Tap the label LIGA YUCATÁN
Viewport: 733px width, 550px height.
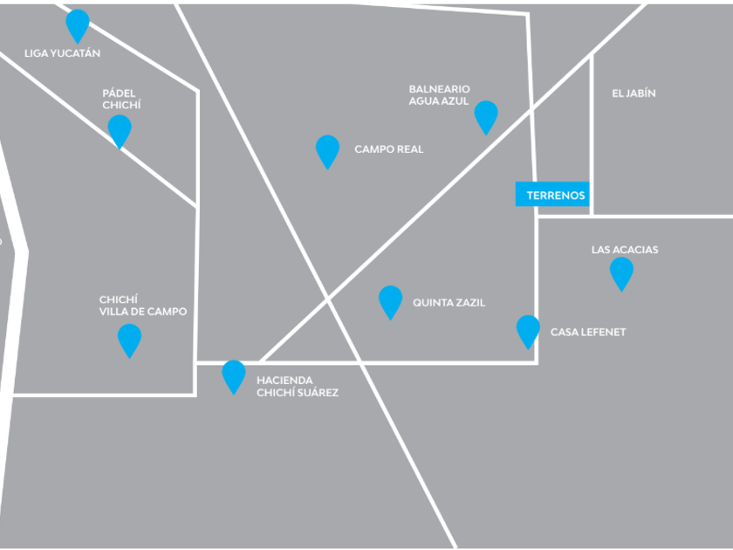62,53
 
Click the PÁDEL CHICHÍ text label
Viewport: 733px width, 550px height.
121,100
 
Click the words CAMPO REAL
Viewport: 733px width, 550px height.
389,149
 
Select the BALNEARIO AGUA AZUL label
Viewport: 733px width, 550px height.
440,95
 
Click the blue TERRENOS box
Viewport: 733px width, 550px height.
552,194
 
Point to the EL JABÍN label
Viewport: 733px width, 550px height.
634,93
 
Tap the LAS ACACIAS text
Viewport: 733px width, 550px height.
625,250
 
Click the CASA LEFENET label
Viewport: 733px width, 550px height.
588,332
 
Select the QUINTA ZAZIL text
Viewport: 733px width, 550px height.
449,303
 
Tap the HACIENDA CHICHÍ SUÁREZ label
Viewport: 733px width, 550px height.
298,386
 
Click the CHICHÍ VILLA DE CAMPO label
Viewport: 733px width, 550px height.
143,306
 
